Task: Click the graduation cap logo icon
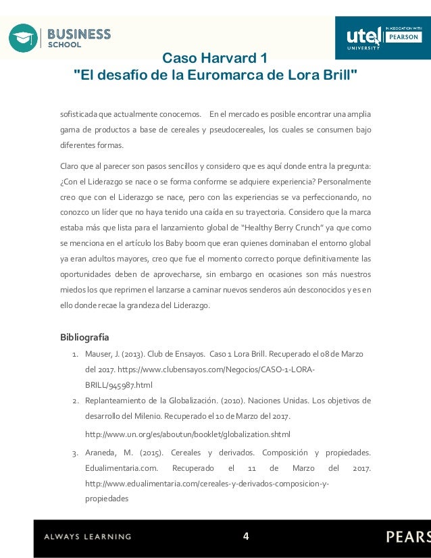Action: tap(23, 38)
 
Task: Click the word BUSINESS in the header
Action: tap(79, 34)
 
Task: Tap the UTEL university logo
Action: tap(363, 37)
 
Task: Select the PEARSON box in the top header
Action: tap(403, 37)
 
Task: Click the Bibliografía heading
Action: tap(84, 336)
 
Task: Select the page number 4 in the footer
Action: tap(246, 536)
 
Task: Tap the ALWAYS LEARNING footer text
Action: tap(88, 537)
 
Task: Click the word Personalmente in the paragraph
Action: tap(342, 182)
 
